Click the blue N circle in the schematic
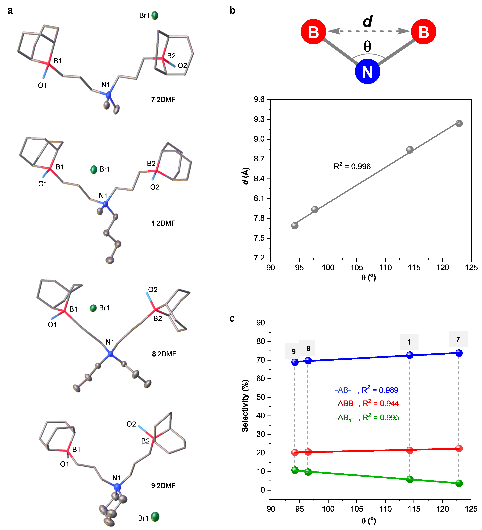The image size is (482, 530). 367,71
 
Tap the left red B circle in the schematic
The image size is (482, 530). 313,32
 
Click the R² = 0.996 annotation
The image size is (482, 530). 352,166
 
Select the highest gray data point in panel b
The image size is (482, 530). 459,123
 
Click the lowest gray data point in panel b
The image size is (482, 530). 295,226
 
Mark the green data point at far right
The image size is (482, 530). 459,483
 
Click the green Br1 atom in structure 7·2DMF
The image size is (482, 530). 155,16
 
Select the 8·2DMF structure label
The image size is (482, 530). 164,354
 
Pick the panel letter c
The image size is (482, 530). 232,318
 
